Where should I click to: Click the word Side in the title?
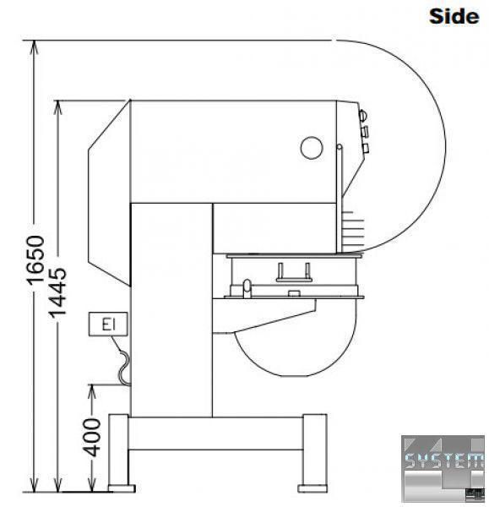click(x=454, y=16)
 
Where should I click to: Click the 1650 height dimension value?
click(x=35, y=260)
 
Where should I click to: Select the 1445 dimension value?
click(x=57, y=292)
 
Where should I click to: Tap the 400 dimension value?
click(x=92, y=437)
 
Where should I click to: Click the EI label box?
click(x=108, y=324)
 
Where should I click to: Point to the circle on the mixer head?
click(x=312, y=148)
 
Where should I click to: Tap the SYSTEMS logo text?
click(x=444, y=461)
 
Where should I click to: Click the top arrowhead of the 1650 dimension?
click(x=34, y=47)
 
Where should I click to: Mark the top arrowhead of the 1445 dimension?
click(x=57, y=107)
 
